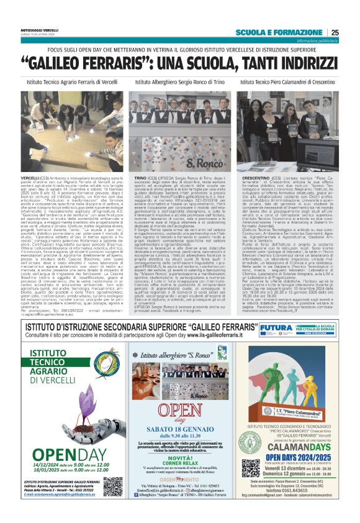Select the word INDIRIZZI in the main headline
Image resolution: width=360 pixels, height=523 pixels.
tap(287, 64)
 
